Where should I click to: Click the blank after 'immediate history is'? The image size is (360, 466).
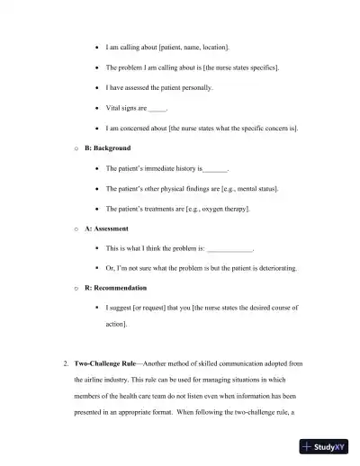tap(216, 169)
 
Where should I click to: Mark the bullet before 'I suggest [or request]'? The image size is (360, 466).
tap(96, 308)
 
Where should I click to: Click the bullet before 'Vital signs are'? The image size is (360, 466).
tap(96, 109)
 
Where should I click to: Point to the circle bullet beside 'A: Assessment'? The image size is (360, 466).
tap(76, 229)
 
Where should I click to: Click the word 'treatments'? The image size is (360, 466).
tap(152, 209)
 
